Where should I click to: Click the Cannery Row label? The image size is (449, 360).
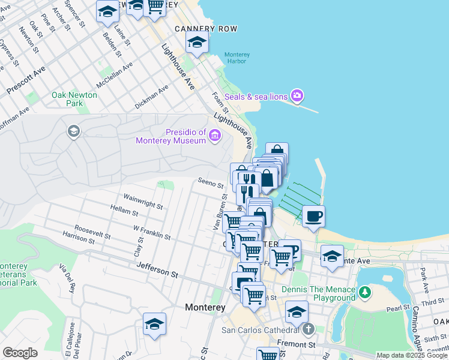click(x=206, y=29)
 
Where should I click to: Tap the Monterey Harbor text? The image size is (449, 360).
click(x=237, y=58)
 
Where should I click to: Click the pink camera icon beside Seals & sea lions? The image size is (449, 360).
click(x=297, y=96)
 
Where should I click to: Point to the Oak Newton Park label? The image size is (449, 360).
click(x=74, y=99)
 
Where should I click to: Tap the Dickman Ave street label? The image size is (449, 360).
click(x=151, y=97)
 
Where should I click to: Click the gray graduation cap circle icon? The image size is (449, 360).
click(x=74, y=131)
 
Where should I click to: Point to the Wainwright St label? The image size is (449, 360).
click(x=143, y=201)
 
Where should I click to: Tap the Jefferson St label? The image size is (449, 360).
click(x=157, y=271)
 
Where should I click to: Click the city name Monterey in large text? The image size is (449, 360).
click(x=205, y=307)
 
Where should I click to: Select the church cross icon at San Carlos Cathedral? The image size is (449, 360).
click(x=308, y=329)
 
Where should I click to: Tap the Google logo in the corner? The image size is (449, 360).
click(x=20, y=352)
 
